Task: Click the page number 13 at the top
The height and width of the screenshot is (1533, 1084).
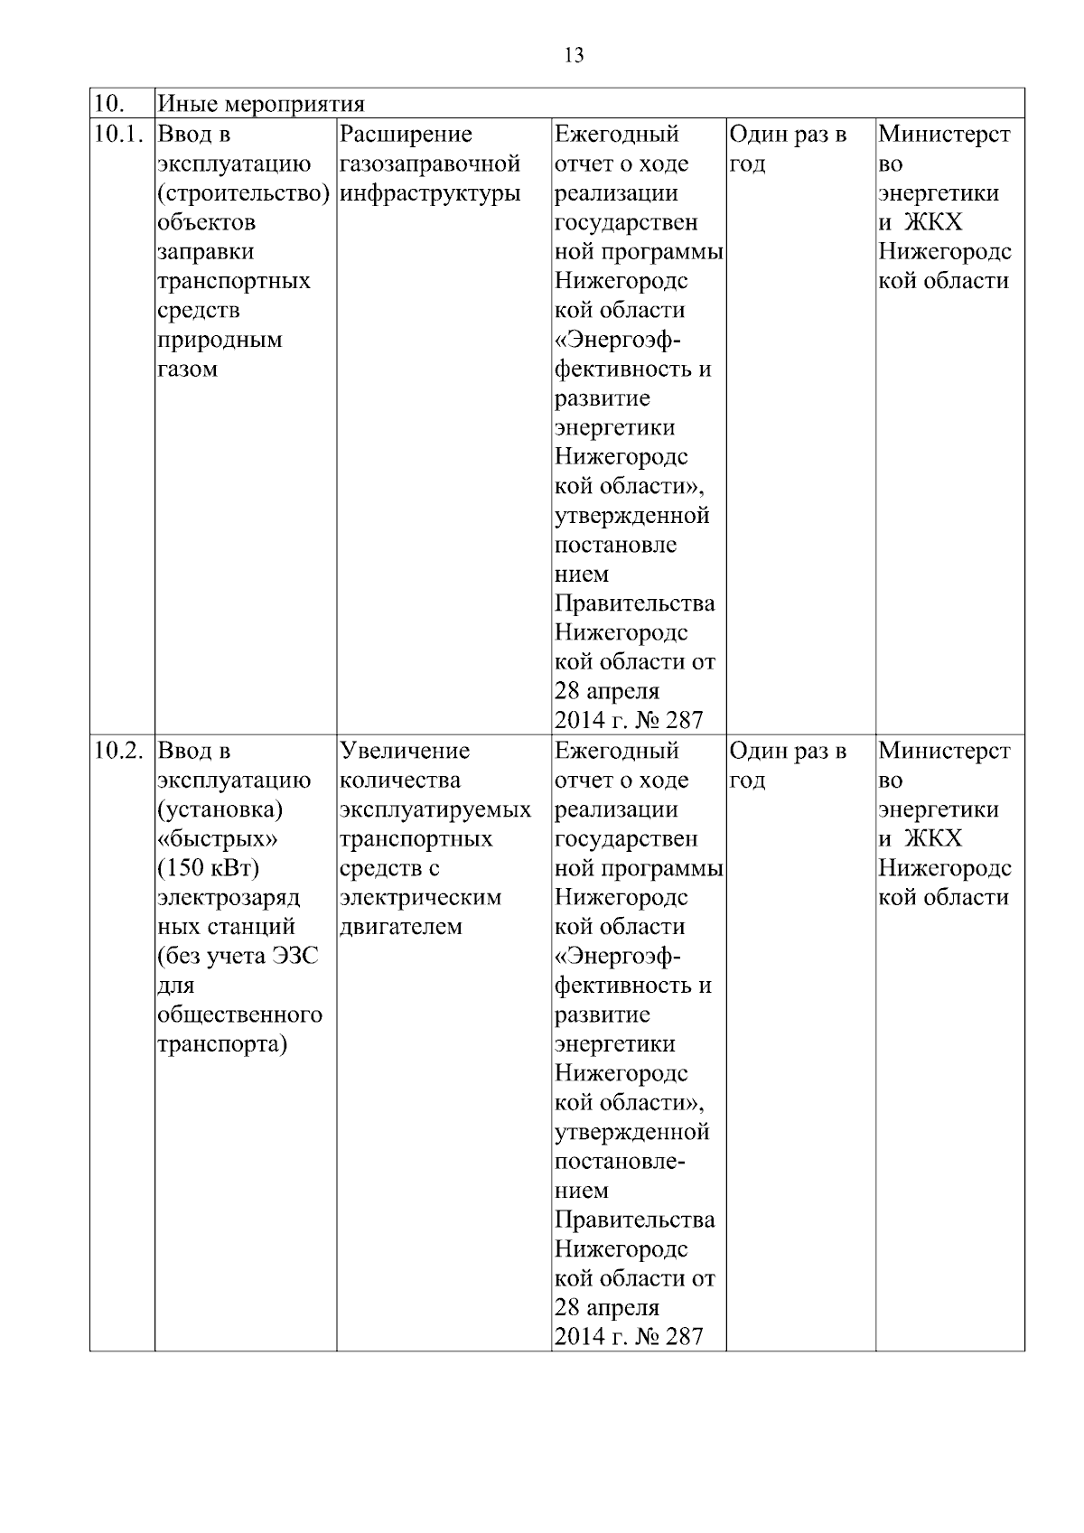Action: pyautogui.click(x=574, y=56)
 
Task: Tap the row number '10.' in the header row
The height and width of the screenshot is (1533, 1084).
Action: pyautogui.click(x=108, y=104)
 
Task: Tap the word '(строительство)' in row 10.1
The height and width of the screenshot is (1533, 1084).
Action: pyautogui.click(x=243, y=193)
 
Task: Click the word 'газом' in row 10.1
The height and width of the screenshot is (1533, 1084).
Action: pyautogui.click(x=187, y=369)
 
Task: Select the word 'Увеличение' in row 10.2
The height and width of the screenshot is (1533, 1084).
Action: pyautogui.click(x=405, y=751)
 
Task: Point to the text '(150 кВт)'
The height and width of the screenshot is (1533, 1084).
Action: pyautogui.click(x=208, y=868)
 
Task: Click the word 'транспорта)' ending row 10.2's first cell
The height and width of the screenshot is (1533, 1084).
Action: pyautogui.click(x=222, y=1044)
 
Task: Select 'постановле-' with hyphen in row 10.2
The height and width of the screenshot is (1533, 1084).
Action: pyautogui.click(x=620, y=1161)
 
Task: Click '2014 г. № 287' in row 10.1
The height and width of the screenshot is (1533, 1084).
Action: pyautogui.click(x=629, y=721)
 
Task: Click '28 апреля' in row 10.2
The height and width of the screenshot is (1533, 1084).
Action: pyautogui.click(x=607, y=1308)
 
